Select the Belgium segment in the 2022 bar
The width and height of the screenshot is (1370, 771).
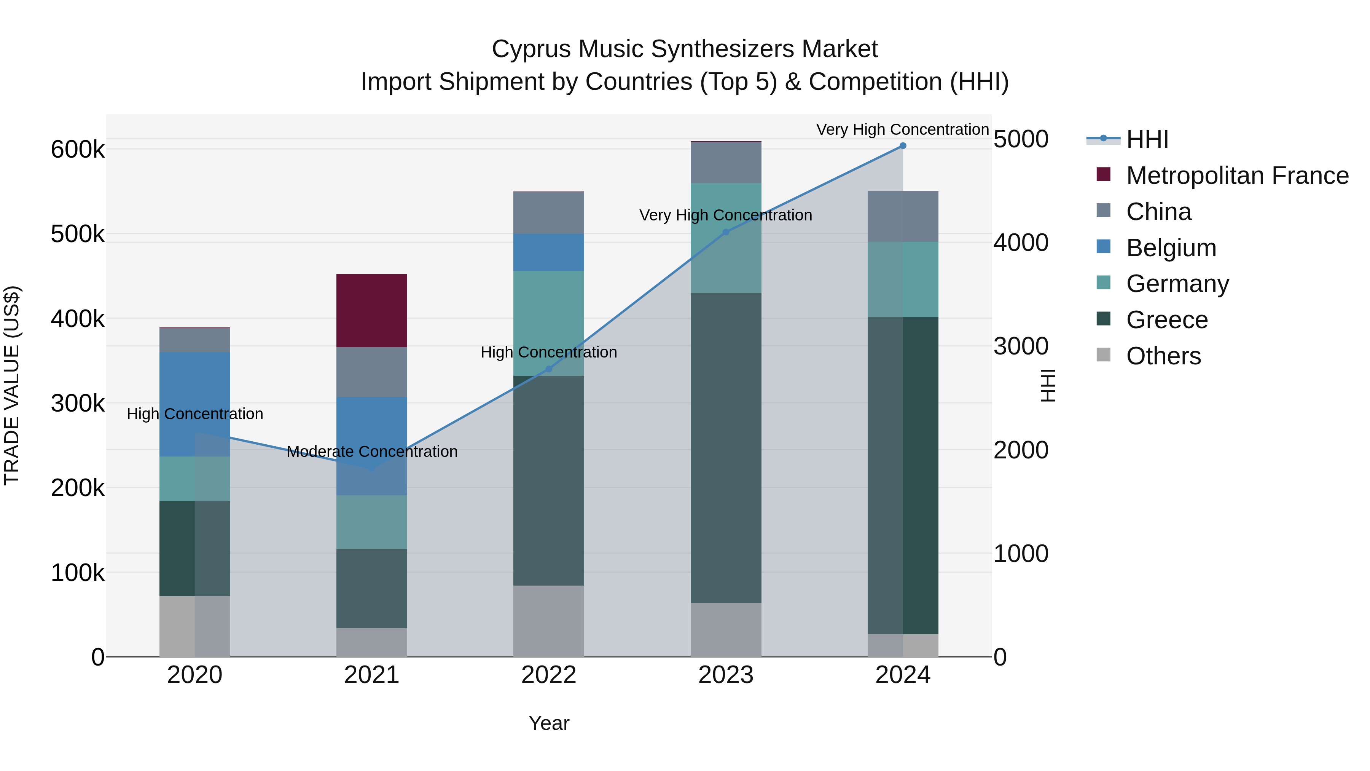(548, 252)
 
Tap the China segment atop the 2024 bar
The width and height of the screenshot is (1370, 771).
(903, 217)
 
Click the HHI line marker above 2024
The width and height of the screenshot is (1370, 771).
(903, 146)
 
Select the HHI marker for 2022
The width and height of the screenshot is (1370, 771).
(549, 369)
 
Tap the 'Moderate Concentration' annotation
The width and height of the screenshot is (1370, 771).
(372, 452)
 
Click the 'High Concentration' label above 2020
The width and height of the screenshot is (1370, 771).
(194, 414)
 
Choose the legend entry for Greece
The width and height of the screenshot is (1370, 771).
(1167, 320)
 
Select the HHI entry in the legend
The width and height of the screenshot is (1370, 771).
(1147, 139)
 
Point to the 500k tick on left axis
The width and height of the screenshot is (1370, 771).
(78, 234)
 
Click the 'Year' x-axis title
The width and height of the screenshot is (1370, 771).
(548, 723)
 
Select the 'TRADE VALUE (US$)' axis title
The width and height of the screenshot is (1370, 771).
(12, 385)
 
